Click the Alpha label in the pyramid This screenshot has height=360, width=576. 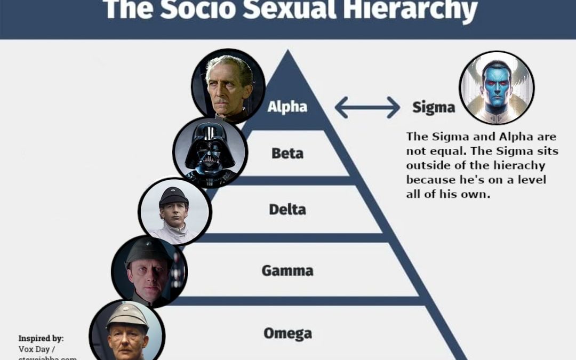pos(287,107)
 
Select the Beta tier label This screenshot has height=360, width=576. pos(287,154)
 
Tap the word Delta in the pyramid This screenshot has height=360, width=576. pos(287,209)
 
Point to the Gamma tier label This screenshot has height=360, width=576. pos(287,271)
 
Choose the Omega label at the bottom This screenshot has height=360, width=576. pos(287,334)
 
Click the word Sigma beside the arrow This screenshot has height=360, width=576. pos(433,108)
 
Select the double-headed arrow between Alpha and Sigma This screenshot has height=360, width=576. pos(367,107)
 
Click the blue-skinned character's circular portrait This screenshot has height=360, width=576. pos(497,87)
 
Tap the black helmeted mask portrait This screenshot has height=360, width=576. pos(210,152)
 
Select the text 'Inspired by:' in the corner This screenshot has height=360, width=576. pos(41,338)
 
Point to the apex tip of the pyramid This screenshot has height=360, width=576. pos(288,51)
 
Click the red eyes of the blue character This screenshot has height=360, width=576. pos(497,84)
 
